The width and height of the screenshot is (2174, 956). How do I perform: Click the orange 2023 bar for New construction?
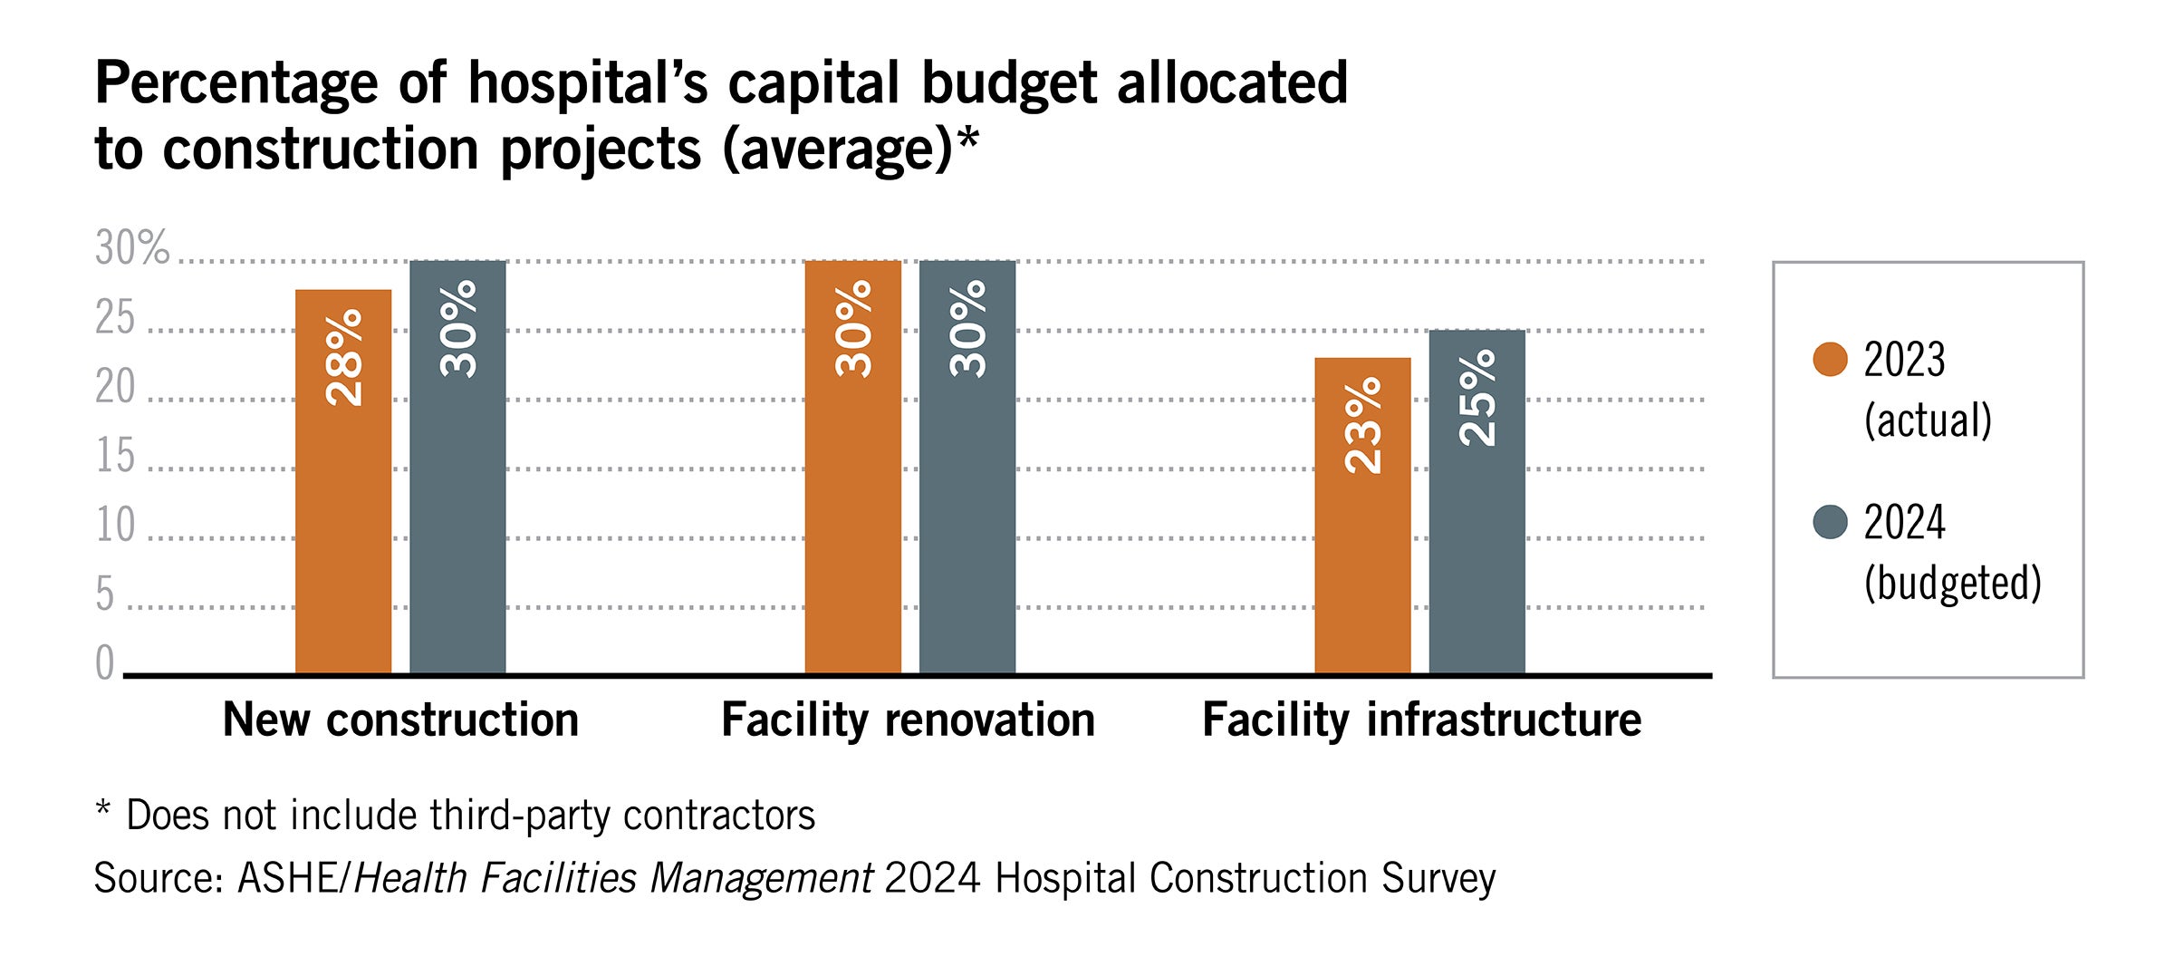pyautogui.click(x=343, y=481)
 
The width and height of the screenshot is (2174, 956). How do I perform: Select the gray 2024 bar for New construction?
pyautogui.click(x=457, y=467)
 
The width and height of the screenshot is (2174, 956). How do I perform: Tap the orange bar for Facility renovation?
pyautogui.click(x=852, y=467)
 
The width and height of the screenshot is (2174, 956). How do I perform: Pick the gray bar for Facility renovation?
pyautogui.click(x=967, y=467)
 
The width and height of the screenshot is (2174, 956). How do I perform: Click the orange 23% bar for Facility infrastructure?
pyautogui.click(x=1362, y=516)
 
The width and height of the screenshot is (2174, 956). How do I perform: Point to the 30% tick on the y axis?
pyautogui.click(x=132, y=247)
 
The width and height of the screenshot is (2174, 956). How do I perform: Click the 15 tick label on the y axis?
pyautogui.click(x=115, y=456)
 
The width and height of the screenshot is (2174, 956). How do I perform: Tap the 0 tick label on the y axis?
pyautogui.click(x=105, y=662)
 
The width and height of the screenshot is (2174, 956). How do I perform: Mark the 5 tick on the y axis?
pyautogui.click(x=105, y=594)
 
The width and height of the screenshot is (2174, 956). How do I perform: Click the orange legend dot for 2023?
pyautogui.click(x=1830, y=359)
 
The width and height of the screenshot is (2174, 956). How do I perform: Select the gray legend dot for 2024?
pyautogui.click(x=1830, y=522)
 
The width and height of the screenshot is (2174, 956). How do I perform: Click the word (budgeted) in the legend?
pyautogui.click(x=1952, y=583)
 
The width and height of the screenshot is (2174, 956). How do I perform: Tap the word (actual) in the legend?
pyautogui.click(x=1928, y=420)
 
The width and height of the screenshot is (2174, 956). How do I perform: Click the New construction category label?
pyautogui.click(x=400, y=720)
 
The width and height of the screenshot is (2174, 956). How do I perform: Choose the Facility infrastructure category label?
pyautogui.click(x=1421, y=720)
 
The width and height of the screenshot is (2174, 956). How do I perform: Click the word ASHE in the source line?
pyautogui.click(x=287, y=878)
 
